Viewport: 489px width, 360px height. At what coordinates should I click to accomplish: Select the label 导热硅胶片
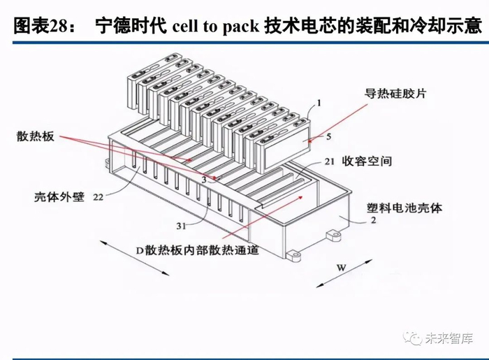pos(394,92)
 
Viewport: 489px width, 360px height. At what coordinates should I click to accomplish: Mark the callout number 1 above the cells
pos(319,102)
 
